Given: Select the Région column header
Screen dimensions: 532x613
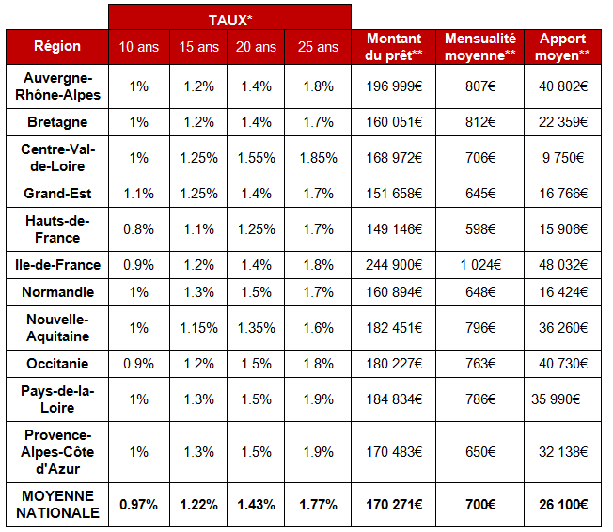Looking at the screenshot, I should [x=57, y=46].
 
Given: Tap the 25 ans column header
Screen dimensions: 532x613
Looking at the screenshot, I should [x=319, y=46].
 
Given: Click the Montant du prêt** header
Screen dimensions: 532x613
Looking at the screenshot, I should [x=394, y=46].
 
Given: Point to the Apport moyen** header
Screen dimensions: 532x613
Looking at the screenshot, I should [x=563, y=46].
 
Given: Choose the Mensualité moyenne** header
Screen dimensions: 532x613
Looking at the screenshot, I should [x=480, y=46].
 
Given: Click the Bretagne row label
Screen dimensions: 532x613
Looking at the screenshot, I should [x=57, y=122].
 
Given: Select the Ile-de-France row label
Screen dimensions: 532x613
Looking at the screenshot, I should [x=57, y=265].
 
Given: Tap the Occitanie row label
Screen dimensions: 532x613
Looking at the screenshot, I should [x=57, y=364].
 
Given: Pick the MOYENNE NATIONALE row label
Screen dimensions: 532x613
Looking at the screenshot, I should [x=57, y=504].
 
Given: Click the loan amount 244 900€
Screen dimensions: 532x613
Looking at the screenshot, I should [x=394, y=265].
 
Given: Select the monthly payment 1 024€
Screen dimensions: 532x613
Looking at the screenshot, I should [x=480, y=265].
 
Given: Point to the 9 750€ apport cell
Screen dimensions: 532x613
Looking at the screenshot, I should [x=563, y=158].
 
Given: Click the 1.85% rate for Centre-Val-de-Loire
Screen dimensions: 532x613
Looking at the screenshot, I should [x=319, y=158].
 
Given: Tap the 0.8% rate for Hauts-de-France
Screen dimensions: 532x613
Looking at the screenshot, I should [x=139, y=228].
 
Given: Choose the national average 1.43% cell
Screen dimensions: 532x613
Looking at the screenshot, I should [x=256, y=505].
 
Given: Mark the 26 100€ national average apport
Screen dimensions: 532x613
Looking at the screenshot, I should [x=563, y=505].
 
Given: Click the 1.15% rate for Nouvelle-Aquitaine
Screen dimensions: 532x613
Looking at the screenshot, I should [x=198, y=328].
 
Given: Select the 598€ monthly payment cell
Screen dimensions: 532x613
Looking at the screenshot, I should [x=480, y=228].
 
